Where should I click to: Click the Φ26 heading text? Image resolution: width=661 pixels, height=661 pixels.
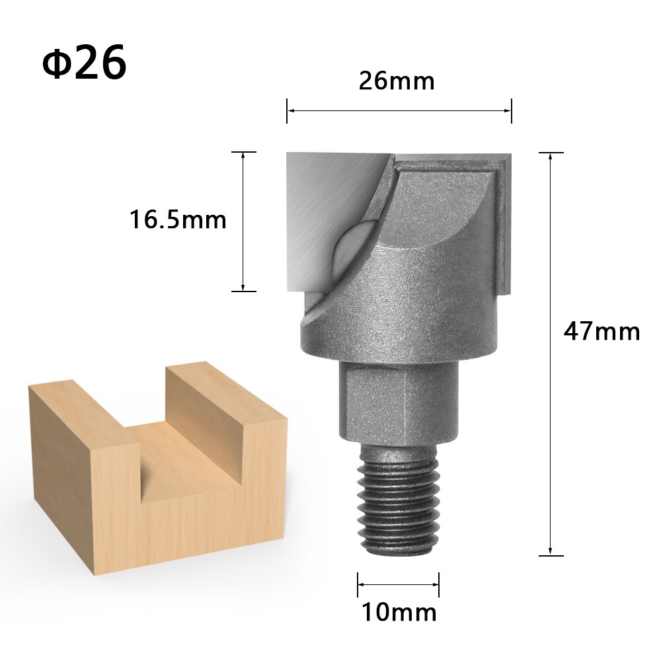click(84, 64)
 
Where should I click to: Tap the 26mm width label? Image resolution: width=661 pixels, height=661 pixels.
click(397, 81)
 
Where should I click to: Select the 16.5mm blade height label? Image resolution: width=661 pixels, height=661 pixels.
click(178, 219)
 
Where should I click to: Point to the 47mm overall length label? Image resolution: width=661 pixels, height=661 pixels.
click(602, 330)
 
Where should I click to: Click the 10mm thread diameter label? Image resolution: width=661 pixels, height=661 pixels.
click(399, 612)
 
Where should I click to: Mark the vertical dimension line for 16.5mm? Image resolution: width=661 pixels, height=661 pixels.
click(243, 221)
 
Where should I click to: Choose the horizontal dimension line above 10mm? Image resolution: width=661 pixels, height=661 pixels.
click(399, 584)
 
